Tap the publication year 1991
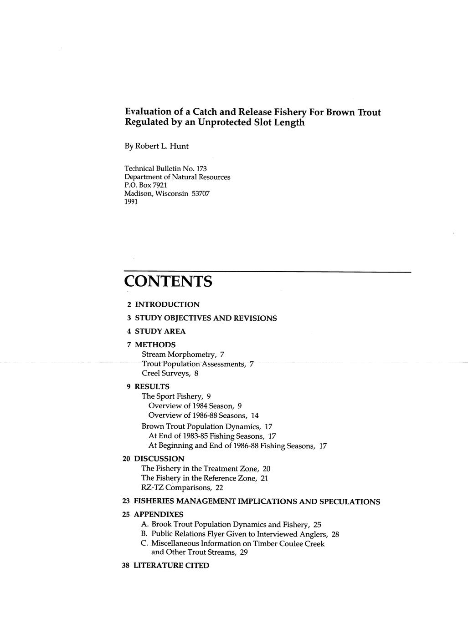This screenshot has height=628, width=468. coord(132,202)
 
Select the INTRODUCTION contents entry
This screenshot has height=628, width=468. coord(167,304)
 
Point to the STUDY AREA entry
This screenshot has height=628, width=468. coord(160,331)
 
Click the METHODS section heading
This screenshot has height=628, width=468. coord(155,345)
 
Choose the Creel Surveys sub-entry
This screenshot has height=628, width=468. coord(170,374)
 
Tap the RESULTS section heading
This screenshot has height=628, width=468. coord(152,387)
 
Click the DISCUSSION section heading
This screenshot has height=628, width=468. coord(159,459)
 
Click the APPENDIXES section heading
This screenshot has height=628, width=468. coord(159,515)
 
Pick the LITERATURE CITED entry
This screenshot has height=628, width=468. coord(171,566)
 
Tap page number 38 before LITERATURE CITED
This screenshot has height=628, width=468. coord(127,566)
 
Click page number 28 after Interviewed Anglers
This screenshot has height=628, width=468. coord(335,534)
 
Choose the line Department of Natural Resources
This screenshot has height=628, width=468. coord(177,177)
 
